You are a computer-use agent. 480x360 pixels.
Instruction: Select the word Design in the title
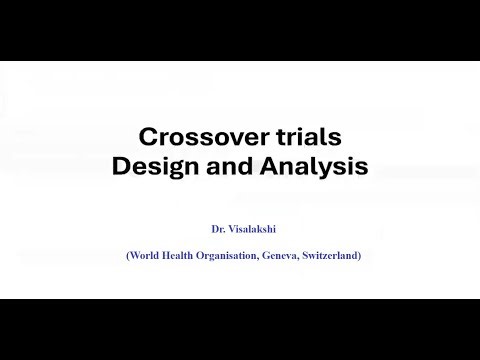click(157, 166)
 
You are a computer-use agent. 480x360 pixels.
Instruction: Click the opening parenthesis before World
click(127, 255)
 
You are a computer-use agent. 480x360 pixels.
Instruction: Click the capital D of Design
click(121, 166)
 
